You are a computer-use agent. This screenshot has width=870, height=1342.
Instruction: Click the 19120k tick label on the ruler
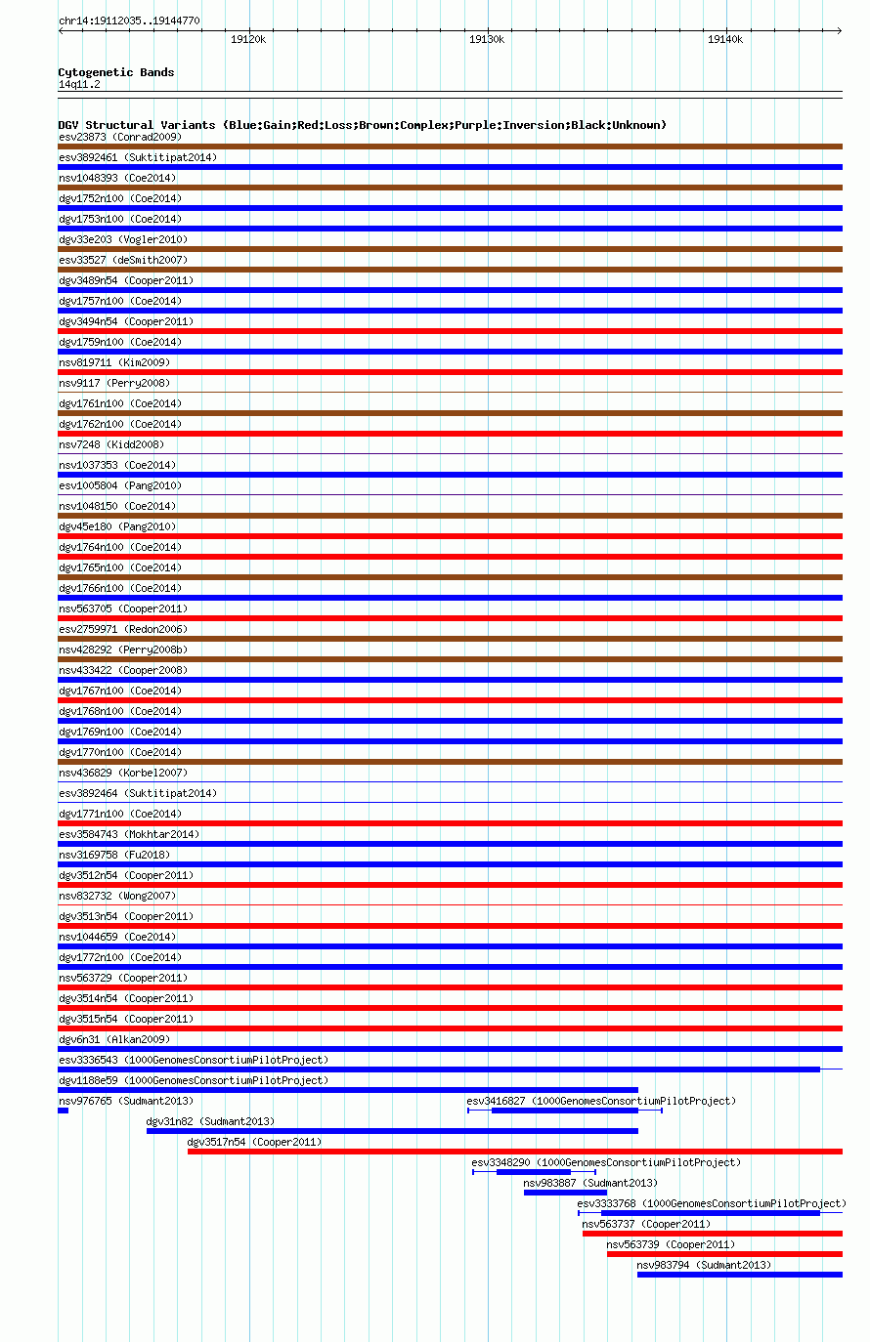click(x=248, y=40)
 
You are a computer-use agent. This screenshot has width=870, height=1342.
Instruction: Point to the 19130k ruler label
click(x=486, y=40)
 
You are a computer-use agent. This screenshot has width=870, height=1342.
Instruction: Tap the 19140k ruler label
click(x=724, y=40)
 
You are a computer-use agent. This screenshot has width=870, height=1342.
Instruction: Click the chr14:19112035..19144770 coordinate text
click(x=129, y=21)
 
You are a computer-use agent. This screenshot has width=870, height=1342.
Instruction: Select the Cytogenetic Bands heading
click(x=116, y=72)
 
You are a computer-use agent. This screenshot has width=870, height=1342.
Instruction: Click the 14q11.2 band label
click(x=79, y=84)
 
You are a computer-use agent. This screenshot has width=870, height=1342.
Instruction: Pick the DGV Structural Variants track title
click(x=362, y=125)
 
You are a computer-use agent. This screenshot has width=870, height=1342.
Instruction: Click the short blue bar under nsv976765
click(x=63, y=1111)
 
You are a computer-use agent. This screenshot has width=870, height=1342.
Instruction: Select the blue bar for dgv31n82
click(x=392, y=1131)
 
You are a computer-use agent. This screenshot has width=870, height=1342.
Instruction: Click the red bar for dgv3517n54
click(x=514, y=1152)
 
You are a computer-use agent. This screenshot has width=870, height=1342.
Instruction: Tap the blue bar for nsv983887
click(x=565, y=1193)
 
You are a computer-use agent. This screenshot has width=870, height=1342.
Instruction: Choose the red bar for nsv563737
click(x=712, y=1234)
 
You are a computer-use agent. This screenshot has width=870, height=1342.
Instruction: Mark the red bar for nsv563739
click(x=723, y=1254)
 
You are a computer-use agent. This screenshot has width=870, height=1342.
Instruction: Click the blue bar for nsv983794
click(x=739, y=1275)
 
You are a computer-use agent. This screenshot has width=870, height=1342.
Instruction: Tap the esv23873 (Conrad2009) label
click(x=120, y=137)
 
